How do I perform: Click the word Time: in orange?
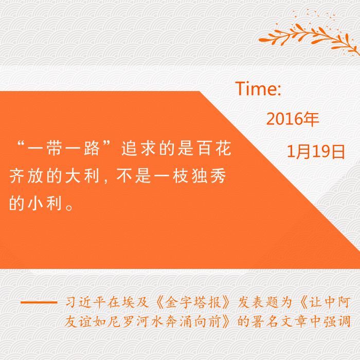(258, 88)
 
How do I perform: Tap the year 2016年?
(293, 119)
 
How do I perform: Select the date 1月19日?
(316, 151)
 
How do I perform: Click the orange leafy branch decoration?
(309, 34)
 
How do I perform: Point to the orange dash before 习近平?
(39, 302)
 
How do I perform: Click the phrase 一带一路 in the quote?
(64, 149)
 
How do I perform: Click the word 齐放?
(27, 176)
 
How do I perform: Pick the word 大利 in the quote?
(82, 176)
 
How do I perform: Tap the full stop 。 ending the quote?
(69, 207)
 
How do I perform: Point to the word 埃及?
(135, 302)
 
